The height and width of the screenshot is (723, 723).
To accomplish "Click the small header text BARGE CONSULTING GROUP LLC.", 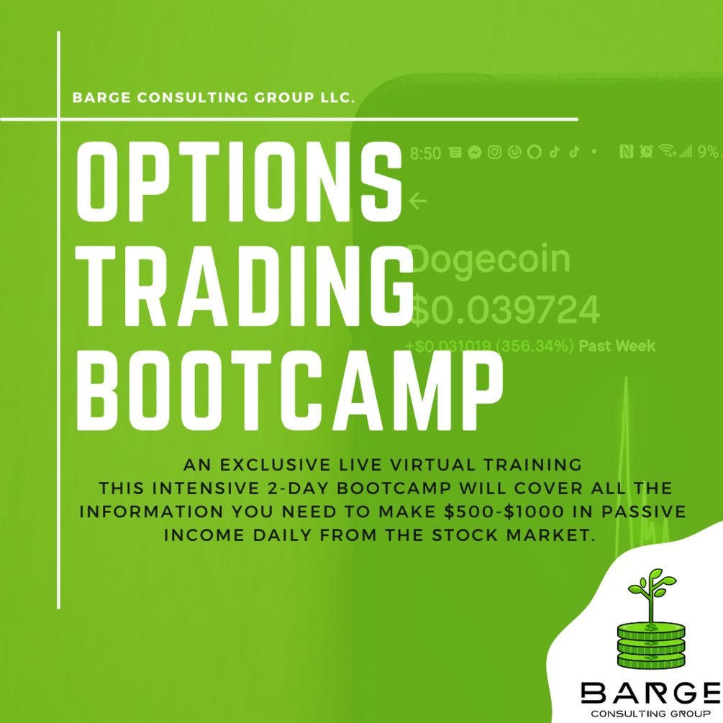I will tap(214, 97).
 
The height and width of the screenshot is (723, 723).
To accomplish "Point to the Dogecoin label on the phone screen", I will tap(489, 259).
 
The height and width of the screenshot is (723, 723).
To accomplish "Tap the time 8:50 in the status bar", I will tap(425, 153).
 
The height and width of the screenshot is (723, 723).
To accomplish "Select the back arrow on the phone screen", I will tap(417, 201).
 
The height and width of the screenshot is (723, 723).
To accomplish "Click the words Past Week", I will tap(617, 346).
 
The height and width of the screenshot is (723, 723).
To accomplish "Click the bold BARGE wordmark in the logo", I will tap(650, 694).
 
